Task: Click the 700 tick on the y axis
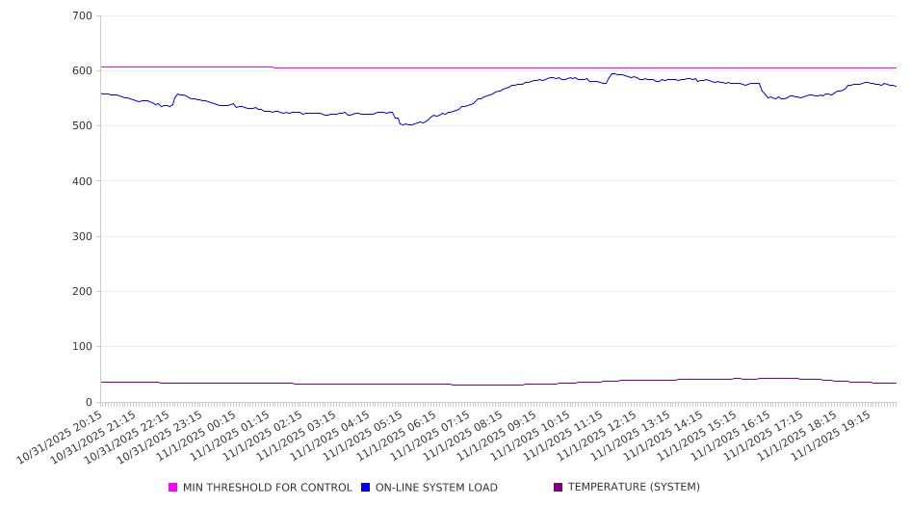[x=82, y=16]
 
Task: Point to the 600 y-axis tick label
[x=82, y=71]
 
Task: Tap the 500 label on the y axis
[x=82, y=126]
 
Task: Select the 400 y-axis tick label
[x=82, y=181]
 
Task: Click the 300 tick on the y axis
[x=82, y=236]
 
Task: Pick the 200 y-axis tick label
[x=82, y=292]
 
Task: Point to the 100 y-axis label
[x=82, y=347]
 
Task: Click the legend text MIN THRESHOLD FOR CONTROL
[x=267, y=488]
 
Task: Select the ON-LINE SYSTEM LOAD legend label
[x=436, y=488]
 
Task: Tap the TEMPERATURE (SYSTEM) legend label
[x=634, y=488]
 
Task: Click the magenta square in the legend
[x=173, y=488]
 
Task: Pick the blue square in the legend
[x=366, y=488]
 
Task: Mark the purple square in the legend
[x=558, y=488]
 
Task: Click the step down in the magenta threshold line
[x=273, y=67]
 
